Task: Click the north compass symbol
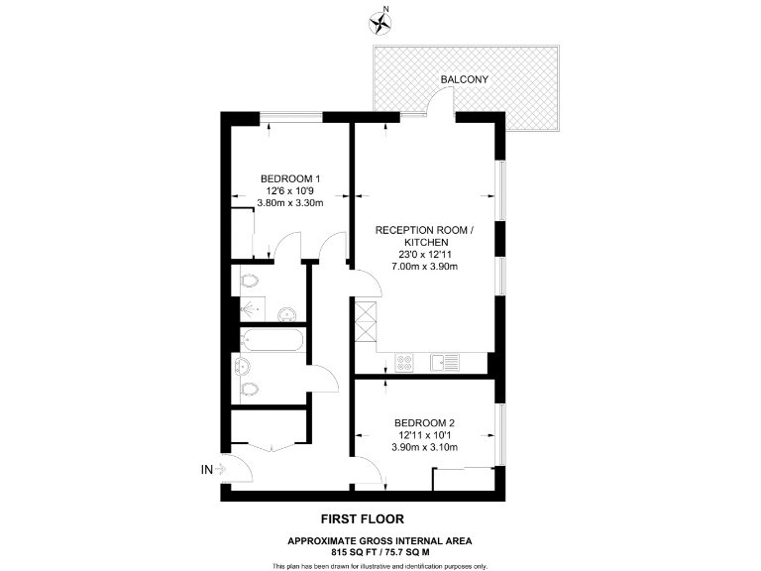coord(379,20)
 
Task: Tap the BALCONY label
coord(465,78)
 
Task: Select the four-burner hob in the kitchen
coord(404,362)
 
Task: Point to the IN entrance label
coord(207,469)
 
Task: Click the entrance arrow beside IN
coord(222,469)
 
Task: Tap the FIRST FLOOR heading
coord(362,518)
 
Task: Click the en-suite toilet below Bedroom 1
coord(250,283)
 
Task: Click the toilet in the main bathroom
coord(249,388)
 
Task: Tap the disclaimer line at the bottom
coord(380,565)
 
